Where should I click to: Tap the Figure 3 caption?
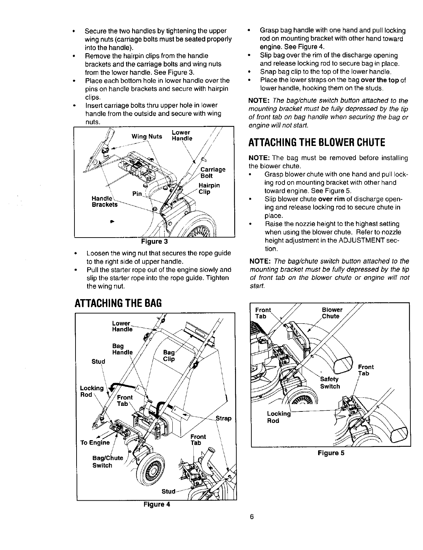coord(154,241)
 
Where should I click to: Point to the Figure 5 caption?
coord(331,453)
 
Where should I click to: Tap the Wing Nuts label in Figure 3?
coord(147,136)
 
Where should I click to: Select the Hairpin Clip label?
coord(209,189)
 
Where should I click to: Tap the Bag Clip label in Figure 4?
coord(169,355)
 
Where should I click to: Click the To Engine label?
coord(95,442)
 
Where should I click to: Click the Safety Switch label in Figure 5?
coord(330,383)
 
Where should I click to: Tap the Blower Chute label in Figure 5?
coord(331,313)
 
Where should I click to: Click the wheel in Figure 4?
coord(150,469)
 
